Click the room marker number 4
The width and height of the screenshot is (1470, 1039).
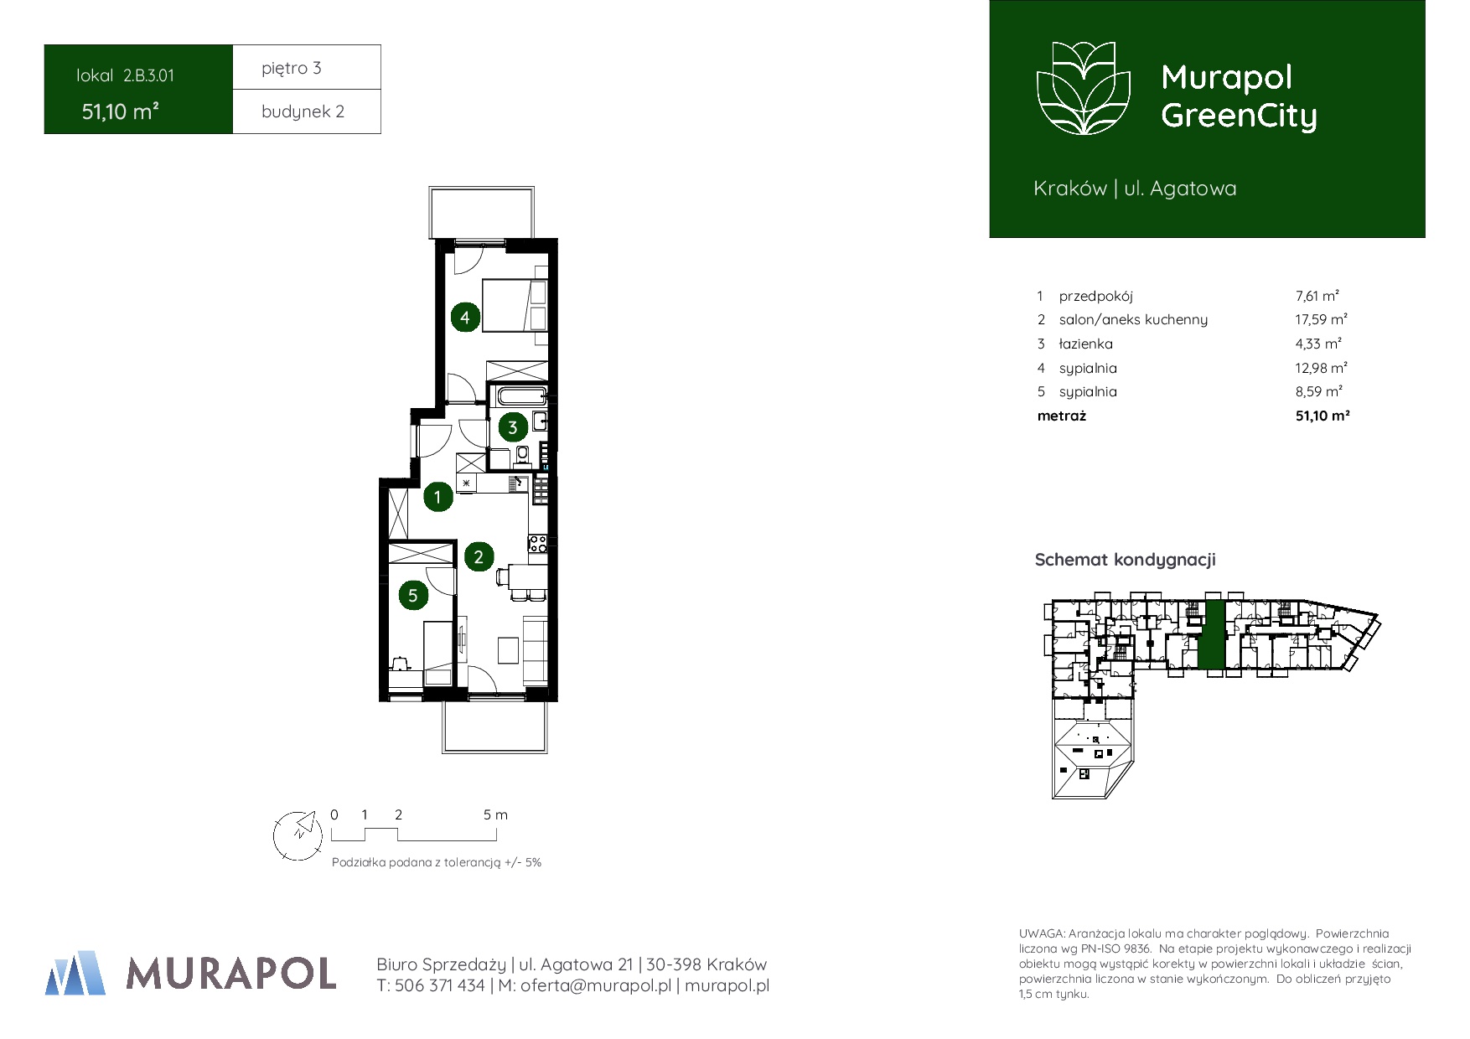(x=465, y=318)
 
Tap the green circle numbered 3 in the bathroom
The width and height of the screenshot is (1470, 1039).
(x=513, y=427)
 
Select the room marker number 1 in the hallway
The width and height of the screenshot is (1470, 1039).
(x=437, y=497)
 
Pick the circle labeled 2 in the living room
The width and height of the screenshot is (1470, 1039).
(x=479, y=557)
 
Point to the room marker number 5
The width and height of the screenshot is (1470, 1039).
(x=412, y=596)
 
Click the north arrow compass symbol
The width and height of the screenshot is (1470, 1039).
(x=298, y=835)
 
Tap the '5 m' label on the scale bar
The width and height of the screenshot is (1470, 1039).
(x=495, y=814)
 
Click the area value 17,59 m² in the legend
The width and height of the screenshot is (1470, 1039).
(x=1321, y=319)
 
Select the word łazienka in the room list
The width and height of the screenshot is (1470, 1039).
(x=1086, y=344)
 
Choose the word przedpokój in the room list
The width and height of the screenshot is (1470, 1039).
(x=1095, y=297)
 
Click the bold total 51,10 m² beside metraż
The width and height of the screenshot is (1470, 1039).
(x=1322, y=416)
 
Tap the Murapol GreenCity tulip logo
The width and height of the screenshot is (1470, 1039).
(x=1084, y=88)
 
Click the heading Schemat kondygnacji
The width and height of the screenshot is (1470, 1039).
(x=1125, y=560)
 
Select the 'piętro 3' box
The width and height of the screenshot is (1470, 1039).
(x=307, y=67)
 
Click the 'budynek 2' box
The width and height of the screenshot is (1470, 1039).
(x=307, y=111)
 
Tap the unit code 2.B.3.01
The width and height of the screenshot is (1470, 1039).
(x=148, y=75)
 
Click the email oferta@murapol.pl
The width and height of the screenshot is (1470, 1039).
(x=596, y=986)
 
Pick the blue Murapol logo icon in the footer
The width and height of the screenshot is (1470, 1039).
(x=75, y=973)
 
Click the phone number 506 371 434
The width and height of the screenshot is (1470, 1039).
(x=439, y=986)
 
